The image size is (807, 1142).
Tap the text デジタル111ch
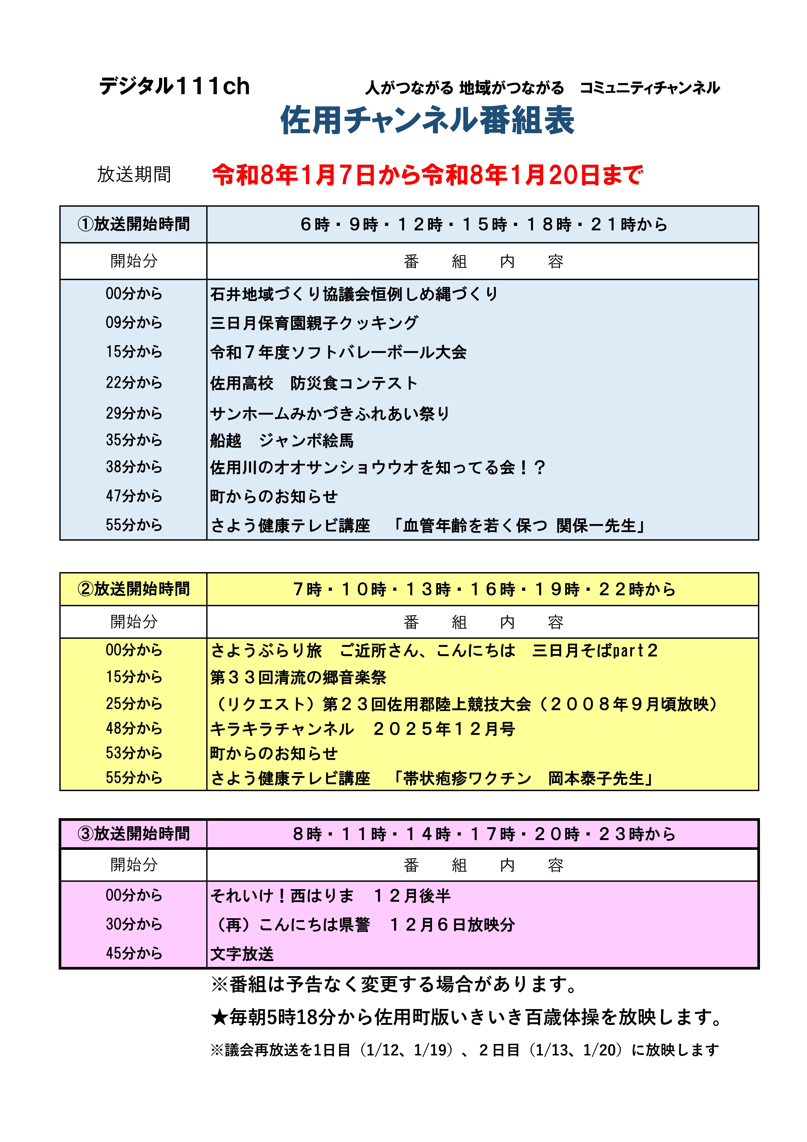[x=174, y=87]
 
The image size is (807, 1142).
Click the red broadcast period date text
[x=427, y=175]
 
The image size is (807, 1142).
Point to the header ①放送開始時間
[x=133, y=224]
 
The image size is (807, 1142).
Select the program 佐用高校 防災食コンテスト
[x=313, y=383]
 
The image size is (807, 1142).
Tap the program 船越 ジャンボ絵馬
[x=282, y=440]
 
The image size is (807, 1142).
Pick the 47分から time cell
[x=134, y=496]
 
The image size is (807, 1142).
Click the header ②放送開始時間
[x=133, y=589]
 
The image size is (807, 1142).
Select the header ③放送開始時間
[x=133, y=834]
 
